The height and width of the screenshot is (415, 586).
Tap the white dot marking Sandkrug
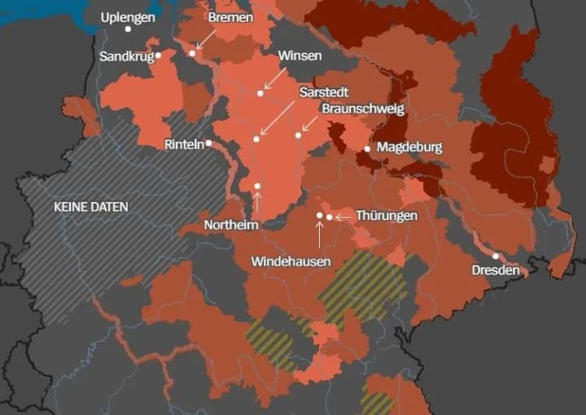point(159,55)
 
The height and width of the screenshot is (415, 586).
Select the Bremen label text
point(230,17)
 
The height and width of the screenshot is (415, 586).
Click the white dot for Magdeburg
point(367,148)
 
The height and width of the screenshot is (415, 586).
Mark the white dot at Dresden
point(496,256)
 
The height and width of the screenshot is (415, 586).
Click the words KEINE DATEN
point(90,207)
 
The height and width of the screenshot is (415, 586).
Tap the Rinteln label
point(184,144)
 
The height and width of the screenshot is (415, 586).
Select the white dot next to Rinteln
point(209,143)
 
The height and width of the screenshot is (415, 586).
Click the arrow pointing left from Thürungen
point(343,217)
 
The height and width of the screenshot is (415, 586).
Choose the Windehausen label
point(291,262)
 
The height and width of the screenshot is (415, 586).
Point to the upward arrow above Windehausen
point(319,234)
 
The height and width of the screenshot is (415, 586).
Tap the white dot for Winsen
point(260,93)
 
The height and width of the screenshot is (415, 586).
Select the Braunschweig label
point(362,108)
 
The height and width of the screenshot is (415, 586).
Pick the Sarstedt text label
point(323,92)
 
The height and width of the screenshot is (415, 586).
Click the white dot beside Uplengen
point(128,29)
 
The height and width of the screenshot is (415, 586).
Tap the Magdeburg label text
point(409,148)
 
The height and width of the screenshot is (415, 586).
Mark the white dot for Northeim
point(257,187)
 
